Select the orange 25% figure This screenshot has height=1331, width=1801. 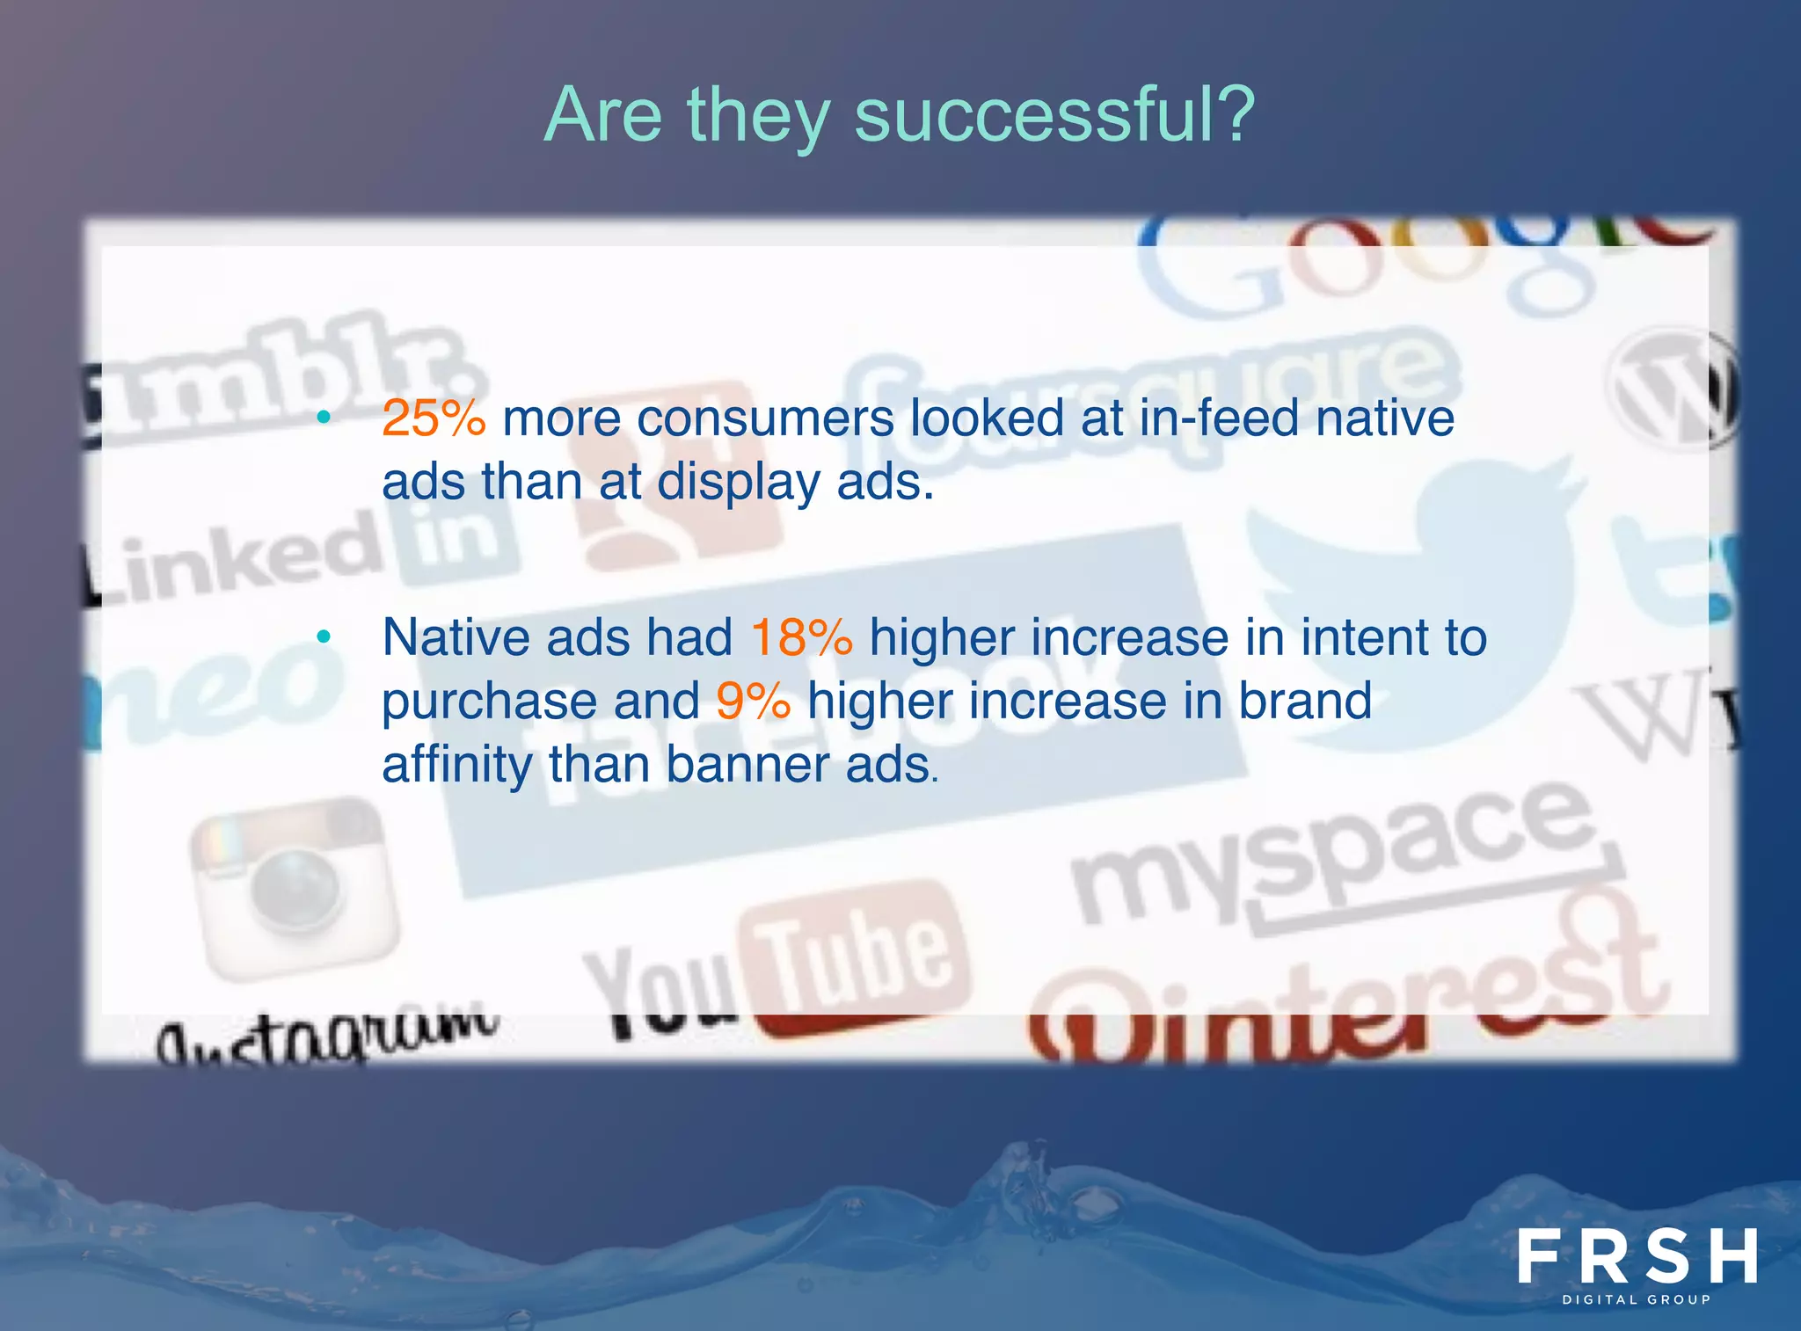click(434, 418)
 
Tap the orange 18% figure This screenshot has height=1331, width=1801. click(801, 637)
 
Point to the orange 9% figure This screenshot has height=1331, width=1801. click(753, 702)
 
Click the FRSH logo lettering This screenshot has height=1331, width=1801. click(1637, 1256)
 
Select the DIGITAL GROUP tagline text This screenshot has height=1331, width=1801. click(1637, 1299)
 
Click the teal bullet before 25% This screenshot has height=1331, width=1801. click(324, 418)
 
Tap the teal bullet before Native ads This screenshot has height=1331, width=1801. click(324, 636)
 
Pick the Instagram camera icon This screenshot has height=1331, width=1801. click(295, 888)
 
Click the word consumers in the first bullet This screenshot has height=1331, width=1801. click(764, 418)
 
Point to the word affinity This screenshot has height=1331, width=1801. click(456, 765)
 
